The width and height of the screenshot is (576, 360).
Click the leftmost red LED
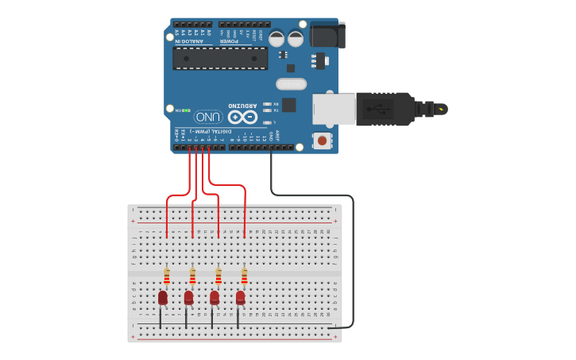click(x=163, y=297)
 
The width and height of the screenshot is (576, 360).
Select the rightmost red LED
click(x=240, y=297)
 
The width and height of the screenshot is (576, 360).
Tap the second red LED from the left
click(x=188, y=297)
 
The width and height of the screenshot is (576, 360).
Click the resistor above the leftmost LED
click(x=167, y=277)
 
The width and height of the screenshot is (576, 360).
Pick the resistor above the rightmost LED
click(x=244, y=277)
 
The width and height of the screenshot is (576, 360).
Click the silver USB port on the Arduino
click(x=333, y=109)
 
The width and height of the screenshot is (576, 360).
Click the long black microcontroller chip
click(x=220, y=58)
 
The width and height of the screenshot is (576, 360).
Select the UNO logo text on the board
click(x=213, y=116)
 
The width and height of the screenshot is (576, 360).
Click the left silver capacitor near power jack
click(x=276, y=38)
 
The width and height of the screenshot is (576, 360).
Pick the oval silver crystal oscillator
click(x=291, y=84)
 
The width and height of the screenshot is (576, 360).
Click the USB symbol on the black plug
click(x=381, y=108)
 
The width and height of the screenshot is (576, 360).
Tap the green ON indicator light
click(x=187, y=110)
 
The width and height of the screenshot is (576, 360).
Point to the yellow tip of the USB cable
click(x=441, y=109)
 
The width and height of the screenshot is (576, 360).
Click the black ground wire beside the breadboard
click(x=353, y=262)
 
